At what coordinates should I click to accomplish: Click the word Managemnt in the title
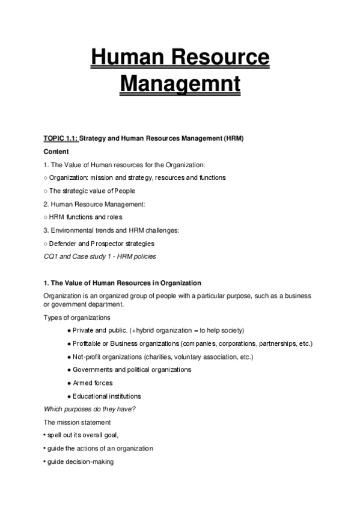180,82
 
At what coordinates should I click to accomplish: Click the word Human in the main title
127,58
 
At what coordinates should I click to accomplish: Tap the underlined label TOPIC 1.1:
61,138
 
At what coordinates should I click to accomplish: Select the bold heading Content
56,152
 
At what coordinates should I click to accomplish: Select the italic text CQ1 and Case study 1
78,257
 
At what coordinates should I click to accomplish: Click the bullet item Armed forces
93,383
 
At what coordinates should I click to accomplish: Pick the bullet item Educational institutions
107,396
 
